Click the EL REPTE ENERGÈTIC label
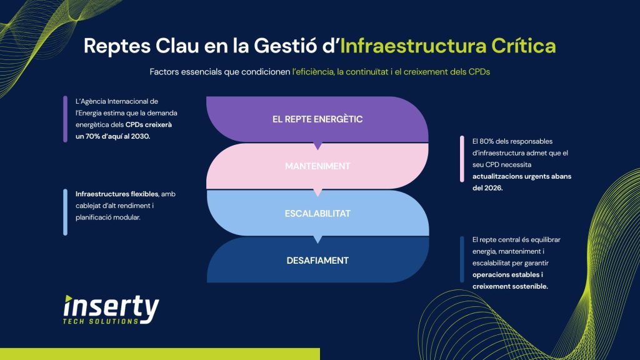(x=317, y=119)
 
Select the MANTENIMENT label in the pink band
(x=317, y=166)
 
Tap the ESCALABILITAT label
(x=317, y=213)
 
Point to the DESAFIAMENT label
(x=317, y=260)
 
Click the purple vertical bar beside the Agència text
(x=65, y=119)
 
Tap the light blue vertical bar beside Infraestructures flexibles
(x=65, y=212)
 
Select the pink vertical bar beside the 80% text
(x=462, y=164)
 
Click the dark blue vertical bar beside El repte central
(x=462, y=259)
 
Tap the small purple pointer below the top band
(x=317, y=146)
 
